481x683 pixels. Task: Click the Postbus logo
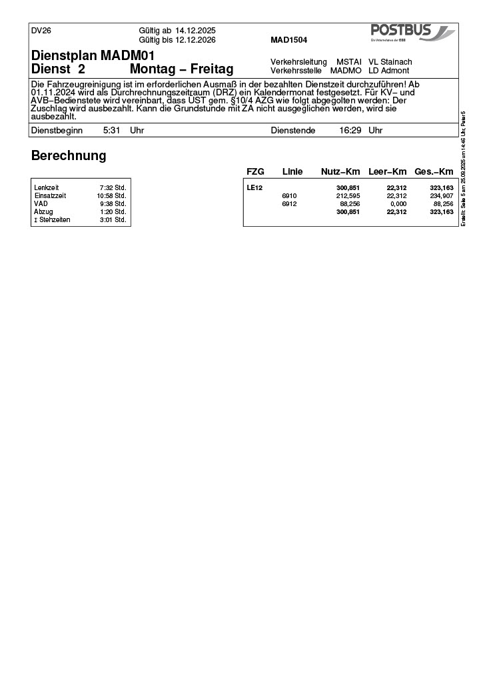click(x=412, y=33)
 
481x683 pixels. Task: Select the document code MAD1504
click(x=288, y=40)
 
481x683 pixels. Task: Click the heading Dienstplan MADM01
click(x=93, y=56)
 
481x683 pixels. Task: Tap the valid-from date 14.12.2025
click(x=195, y=31)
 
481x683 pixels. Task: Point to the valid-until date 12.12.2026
click(x=195, y=39)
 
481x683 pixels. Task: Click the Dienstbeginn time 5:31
click(x=111, y=131)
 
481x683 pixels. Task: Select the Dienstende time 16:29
click(x=350, y=131)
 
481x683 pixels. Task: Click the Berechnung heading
click(x=69, y=156)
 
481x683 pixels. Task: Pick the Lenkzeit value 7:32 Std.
click(x=113, y=188)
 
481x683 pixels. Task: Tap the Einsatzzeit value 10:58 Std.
click(x=111, y=196)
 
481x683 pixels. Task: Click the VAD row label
click(x=41, y=204)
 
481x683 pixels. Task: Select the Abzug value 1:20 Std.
click(x=113, y=212)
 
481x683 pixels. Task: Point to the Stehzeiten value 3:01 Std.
click(x=113, y=220)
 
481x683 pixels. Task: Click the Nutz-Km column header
click(x=340, y=172)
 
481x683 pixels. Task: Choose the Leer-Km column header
click(x=387, y=172)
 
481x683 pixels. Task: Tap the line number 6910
click(x=289, y=196)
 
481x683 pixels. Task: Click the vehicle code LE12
click(x=254, y=188)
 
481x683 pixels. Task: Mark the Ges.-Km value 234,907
click(x=438, y=196)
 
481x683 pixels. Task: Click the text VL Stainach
click(x=390, y=62)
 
